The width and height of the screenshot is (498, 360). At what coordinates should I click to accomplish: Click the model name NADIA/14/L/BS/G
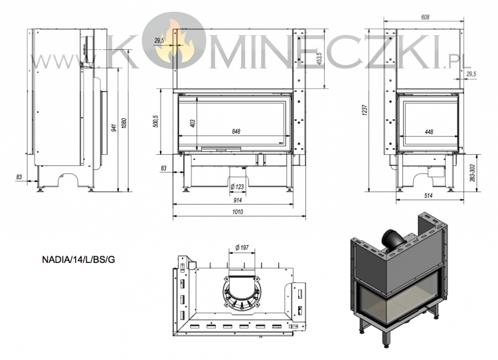[x=78, y=260]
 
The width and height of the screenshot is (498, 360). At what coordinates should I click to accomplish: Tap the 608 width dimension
[x=425, y=17]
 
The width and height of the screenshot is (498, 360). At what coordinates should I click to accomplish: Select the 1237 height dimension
[x=365, y=110]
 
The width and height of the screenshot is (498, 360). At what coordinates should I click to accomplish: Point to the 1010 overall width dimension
[x=238, y=212]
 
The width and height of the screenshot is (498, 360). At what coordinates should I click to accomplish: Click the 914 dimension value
[x=238, y=200]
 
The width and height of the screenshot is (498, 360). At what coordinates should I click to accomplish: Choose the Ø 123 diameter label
[x=237, y=187]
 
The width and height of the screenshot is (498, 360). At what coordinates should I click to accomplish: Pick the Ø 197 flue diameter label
[x=242, y=247]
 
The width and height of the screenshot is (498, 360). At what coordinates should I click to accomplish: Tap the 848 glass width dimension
[x=236, y=132]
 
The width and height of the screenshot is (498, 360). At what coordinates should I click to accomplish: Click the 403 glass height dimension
[x=192, y=124]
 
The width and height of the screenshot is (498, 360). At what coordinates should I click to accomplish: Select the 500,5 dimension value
[x=155, y=122]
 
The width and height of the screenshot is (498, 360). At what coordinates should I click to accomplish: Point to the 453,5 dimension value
[x=320, y=58]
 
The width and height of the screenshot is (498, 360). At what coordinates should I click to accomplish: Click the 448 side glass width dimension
[x=429, y=132]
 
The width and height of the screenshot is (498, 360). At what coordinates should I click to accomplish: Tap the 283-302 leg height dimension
[x=472, y=173]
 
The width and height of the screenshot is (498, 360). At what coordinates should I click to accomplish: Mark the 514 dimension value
[x=428, y=196]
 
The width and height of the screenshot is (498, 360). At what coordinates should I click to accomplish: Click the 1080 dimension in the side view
[x=125, y=124]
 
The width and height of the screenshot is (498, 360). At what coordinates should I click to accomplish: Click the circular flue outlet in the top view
[x=242, y=291]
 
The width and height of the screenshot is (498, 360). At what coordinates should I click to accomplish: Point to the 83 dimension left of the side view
[x=19, y=177]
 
